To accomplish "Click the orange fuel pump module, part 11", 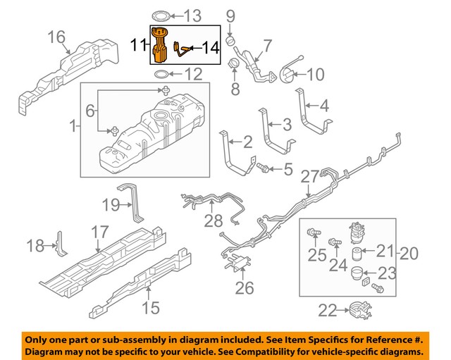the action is [160, 45].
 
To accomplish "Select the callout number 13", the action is [192, 15].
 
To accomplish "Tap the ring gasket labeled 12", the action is [161, 75].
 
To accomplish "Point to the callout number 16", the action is [56, 37].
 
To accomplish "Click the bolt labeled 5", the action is [263, 168].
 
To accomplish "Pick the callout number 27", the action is [310, 177].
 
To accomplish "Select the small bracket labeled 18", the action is [61, 244].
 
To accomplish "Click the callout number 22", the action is [327, 311].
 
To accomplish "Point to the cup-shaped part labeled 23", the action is [357, 273].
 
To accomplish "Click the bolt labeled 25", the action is [314, 232].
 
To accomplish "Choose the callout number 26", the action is [245, 288].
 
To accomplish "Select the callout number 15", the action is [151, 308].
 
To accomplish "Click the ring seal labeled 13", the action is [161, 16].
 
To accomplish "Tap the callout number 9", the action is [230, 17].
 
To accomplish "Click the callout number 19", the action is [111, 205].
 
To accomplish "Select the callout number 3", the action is [287, 125].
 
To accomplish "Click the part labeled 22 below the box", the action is [360, 310].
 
